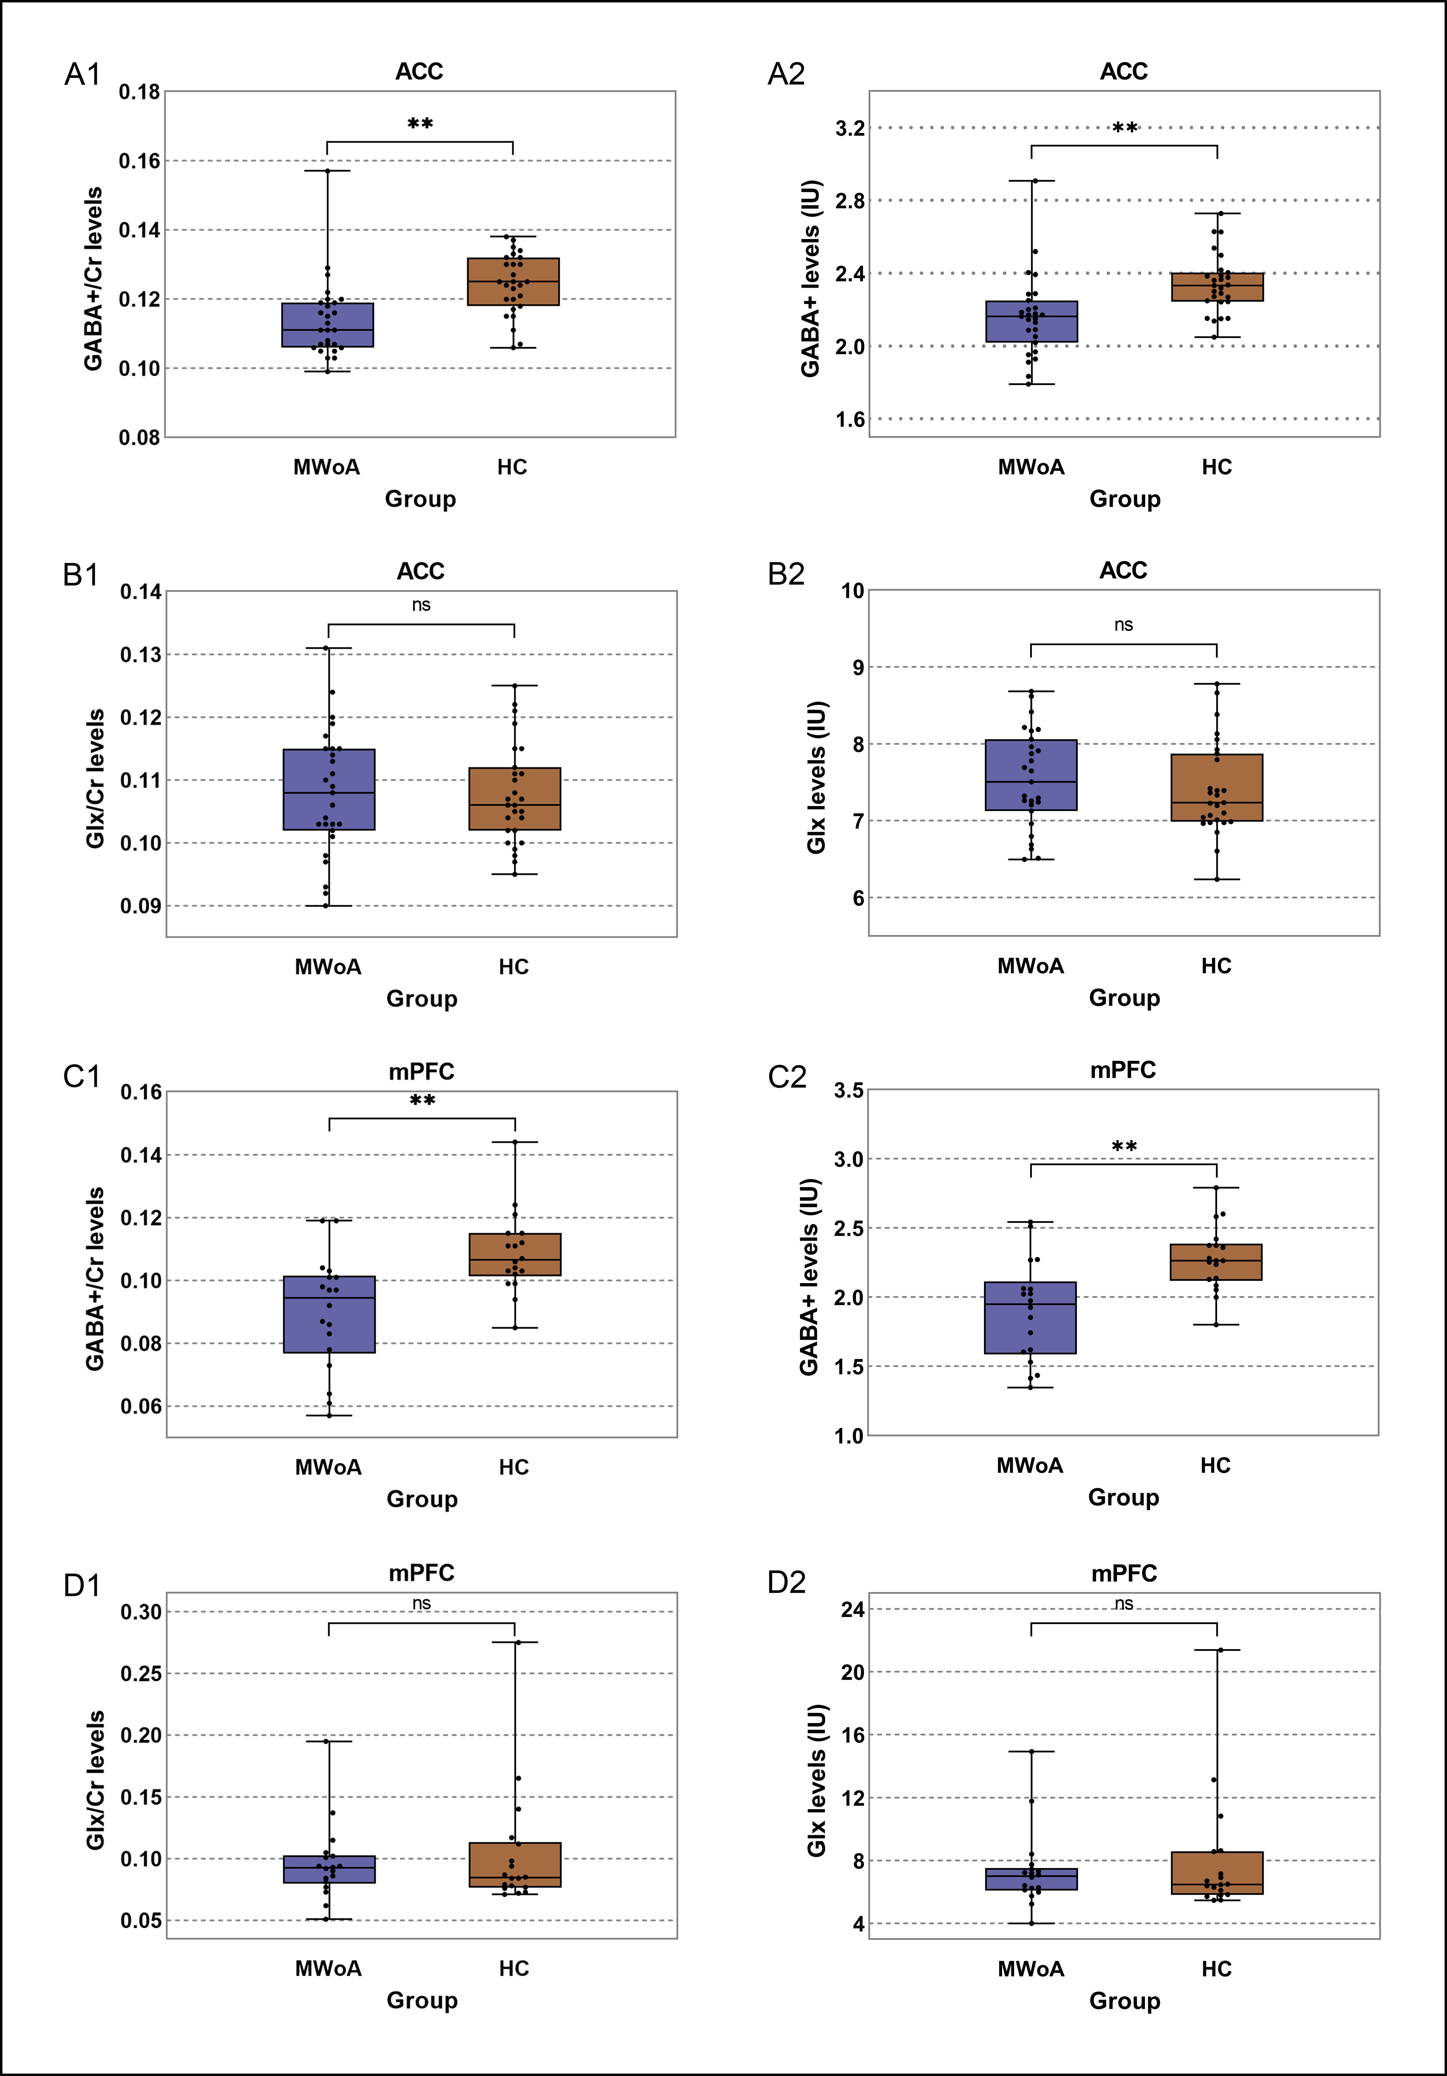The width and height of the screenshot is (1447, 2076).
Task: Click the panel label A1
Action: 82,74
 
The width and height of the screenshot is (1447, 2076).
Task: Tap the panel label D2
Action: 786,1582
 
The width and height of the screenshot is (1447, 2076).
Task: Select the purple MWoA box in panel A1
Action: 327,325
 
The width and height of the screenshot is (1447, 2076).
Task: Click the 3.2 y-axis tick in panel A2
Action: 850,128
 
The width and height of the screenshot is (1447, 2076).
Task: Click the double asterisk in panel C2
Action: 1124,1146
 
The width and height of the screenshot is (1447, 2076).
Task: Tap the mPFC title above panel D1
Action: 421,1573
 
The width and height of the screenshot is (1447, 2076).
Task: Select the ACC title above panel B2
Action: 1123,571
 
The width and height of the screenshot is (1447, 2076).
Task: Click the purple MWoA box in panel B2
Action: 1031,775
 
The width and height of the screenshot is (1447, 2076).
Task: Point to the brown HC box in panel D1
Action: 515,1864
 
